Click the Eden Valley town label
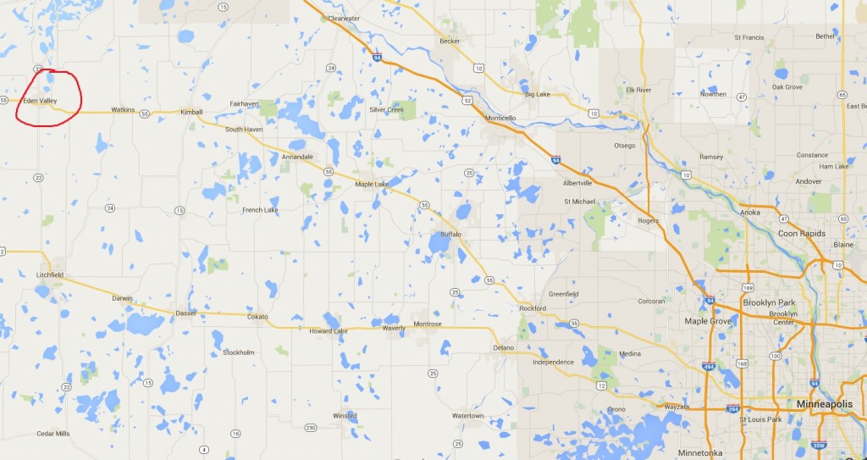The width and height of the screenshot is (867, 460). [x=40, y=101]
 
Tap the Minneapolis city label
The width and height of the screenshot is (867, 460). [x=824, y=404]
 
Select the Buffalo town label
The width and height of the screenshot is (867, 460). [x=450, y=235]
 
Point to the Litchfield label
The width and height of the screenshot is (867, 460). [x=50, y=275]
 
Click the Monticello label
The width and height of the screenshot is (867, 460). [x=500, y=119]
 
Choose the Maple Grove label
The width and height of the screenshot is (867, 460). [x=708, y=321]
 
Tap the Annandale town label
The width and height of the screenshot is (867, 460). [x=297, y=157]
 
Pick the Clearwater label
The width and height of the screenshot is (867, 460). [x=344, y=18]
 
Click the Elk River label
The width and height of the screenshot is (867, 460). [x=638, y=90]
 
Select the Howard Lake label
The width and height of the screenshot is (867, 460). [x=329, y=330]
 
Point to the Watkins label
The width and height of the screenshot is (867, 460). [x=123, y=110]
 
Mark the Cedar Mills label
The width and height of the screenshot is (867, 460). [x=52, y=434]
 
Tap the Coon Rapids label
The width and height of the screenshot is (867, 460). [x=801, y=233]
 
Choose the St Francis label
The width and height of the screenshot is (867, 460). [x=749, y=37]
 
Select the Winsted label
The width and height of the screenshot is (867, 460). [x=345, y=416]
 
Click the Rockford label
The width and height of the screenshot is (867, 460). [x=533, y=308]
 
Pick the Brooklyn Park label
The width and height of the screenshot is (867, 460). [x=769, y=302]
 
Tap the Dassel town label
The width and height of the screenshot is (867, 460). [x=185, y=313]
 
